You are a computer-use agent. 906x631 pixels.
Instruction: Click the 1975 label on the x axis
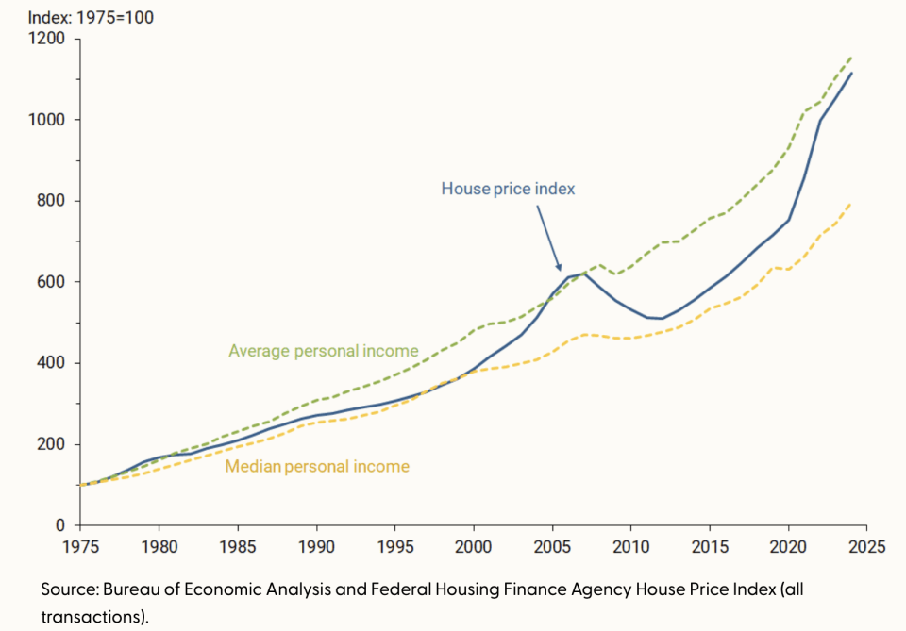coord(80,545)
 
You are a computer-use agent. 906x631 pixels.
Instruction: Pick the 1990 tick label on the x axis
coord(316,545)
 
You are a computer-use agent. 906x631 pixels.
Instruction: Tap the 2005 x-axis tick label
coord(552,545)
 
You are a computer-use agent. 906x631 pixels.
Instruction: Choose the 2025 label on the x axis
coord(866,545)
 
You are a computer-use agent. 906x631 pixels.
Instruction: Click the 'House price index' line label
coord(508,189)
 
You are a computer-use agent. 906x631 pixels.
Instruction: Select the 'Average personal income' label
coord(324,351)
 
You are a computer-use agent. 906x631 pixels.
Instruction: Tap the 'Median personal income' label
coord(317,466)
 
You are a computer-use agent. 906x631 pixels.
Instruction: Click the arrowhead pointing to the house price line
coord(559,269)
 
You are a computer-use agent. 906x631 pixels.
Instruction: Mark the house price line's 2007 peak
coord(584,274)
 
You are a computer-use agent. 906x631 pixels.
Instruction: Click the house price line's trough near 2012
coord(663,318)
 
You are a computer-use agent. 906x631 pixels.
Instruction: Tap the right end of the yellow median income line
coord(851,202)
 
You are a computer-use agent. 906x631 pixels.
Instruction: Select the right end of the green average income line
coord(851,57)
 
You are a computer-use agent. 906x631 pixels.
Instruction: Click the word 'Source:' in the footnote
coord(69,589)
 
